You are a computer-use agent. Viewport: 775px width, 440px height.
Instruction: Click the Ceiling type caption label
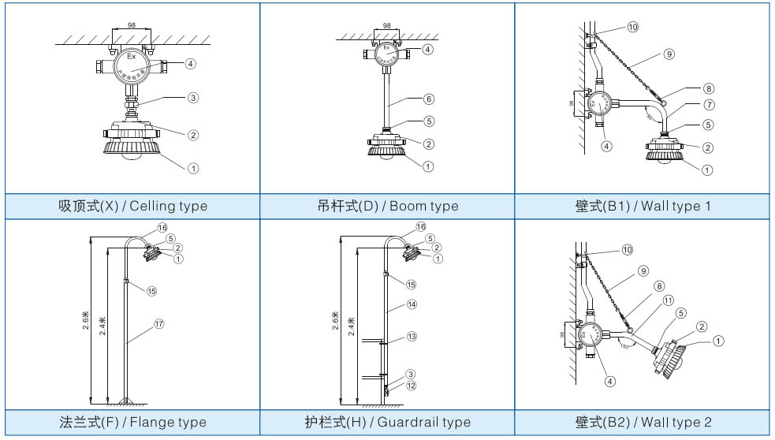tap(133, 207)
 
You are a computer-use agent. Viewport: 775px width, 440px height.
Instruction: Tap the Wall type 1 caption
tap(643, 207)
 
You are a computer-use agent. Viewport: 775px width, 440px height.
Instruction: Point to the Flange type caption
tap(132, 422)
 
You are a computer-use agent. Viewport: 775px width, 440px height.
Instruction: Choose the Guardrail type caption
tap(387, 422)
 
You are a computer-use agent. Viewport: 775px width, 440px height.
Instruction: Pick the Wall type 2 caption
tap(643, 422)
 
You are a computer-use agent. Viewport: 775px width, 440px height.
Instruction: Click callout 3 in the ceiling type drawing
tap(192, 99)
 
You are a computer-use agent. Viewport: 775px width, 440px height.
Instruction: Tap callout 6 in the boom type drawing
tap(429, 99)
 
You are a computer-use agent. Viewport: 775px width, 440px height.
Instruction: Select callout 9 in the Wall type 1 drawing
tap(669, 54)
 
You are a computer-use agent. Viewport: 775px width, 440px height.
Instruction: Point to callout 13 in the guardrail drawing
tap(411, 336)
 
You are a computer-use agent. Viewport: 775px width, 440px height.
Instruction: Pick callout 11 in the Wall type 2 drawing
tap(668, 300)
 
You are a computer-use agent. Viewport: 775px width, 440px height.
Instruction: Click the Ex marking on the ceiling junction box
tap(132, 57)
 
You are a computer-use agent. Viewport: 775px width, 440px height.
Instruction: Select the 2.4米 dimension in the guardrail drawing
tap(351, 326)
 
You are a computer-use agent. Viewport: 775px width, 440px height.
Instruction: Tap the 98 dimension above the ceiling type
tap(131, 25)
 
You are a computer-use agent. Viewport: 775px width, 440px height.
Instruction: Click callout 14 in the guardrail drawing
tap(411, 304)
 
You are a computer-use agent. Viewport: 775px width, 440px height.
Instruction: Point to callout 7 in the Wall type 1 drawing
tap(687, 105)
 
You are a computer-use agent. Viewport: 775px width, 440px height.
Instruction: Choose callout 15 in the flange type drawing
tap(151, 290)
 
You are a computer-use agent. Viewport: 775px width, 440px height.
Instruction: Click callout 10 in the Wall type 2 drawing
tap(628, 249)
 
